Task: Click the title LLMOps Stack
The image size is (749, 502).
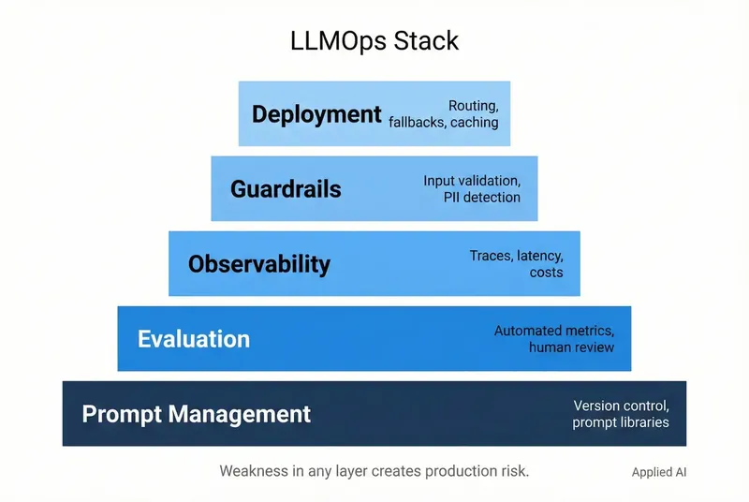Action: point(374,42)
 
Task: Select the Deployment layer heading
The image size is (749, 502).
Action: point(316,114)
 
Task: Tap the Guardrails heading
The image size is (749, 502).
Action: point(286,189)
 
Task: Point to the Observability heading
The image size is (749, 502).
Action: point(259,264)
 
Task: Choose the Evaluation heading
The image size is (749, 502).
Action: point(194,339)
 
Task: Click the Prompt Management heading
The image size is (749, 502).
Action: point(196,414)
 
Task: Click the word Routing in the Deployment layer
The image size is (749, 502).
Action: point(473,106)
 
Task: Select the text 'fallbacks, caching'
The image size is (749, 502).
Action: point(443,123)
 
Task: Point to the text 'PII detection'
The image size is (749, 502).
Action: point(481,198)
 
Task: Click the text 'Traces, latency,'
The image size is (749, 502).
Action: point(517,256)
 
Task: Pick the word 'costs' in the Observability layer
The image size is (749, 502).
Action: point(546,273)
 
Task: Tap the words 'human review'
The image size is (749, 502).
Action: point(571,347)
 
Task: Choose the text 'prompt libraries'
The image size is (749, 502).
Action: point(621,422)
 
